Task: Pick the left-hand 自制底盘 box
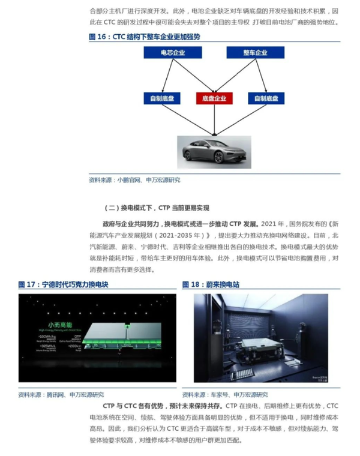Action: [162, 97]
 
